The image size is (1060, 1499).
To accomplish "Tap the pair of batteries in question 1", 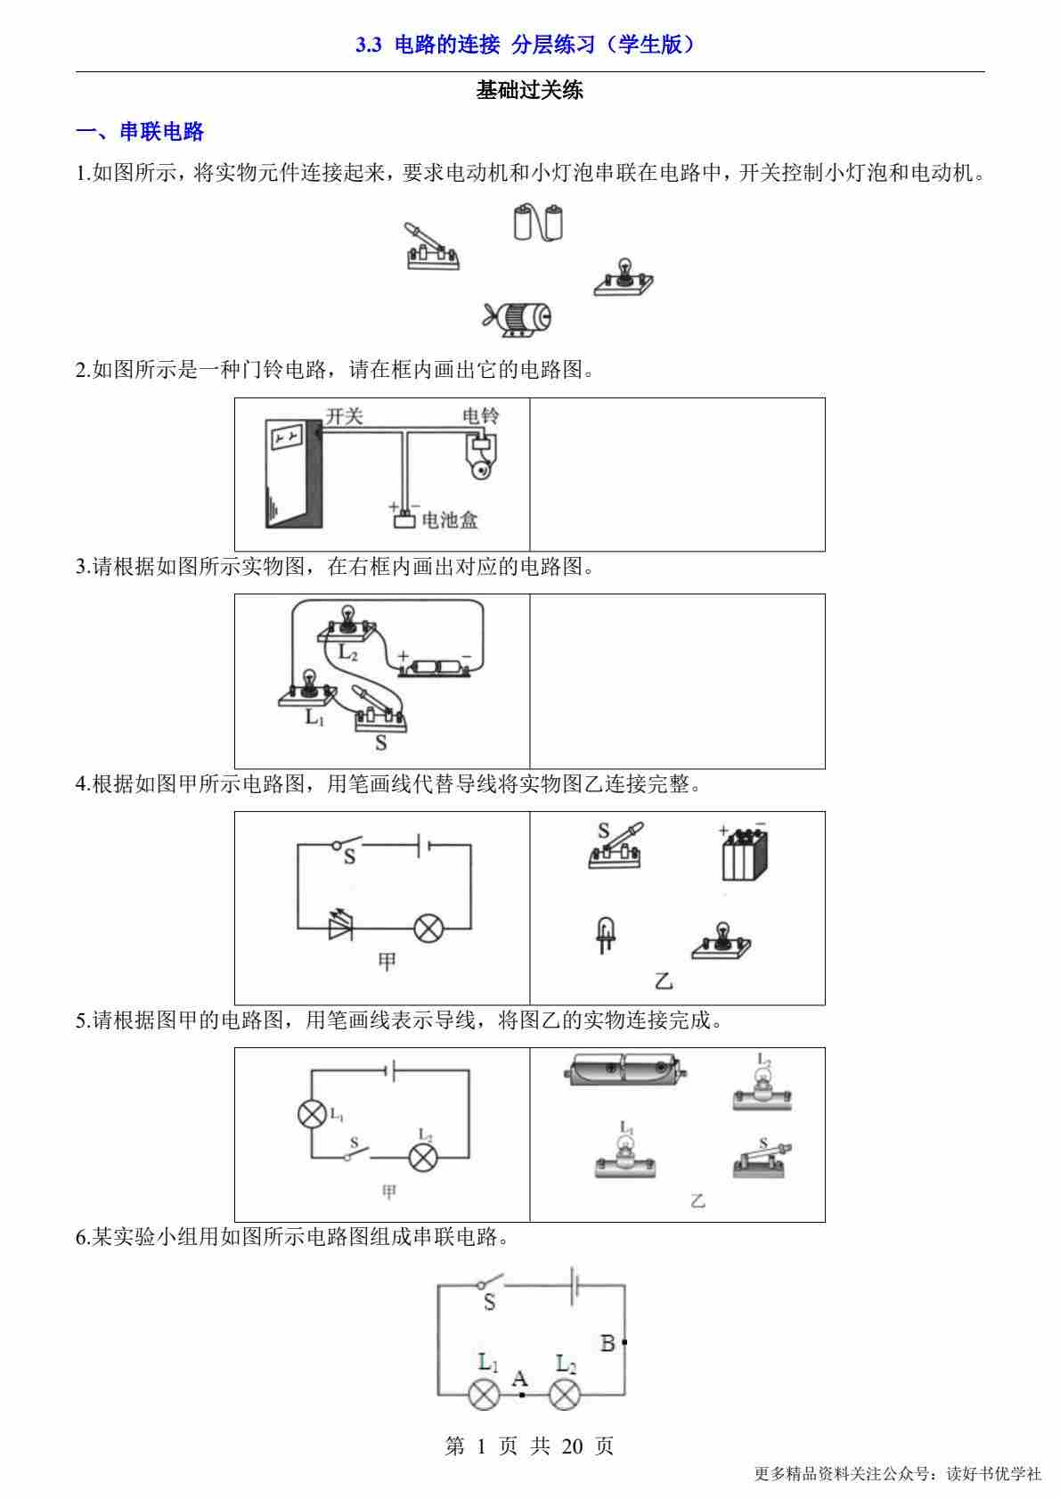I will (x=539, y=223).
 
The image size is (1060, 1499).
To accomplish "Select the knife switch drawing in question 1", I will (x=431, y=248).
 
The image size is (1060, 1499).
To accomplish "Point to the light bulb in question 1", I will (x=624, y=276).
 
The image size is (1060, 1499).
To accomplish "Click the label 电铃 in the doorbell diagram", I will (x=481, y=415).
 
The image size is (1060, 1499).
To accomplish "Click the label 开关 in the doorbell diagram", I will (x=345, y=415).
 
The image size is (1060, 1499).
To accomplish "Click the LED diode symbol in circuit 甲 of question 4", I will (x=340, y=928).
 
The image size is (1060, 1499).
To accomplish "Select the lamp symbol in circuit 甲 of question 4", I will (x=429, y=928).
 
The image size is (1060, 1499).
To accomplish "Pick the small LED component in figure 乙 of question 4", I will (x=606, y=934).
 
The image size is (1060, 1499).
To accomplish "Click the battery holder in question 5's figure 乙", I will (x=624, y=1069).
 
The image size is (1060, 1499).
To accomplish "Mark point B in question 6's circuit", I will (x=624, y=1341).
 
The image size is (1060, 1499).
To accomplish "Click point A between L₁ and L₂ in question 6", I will (x=522, y=1395).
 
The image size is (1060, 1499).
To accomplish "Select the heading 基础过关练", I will (x=530, y=90).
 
